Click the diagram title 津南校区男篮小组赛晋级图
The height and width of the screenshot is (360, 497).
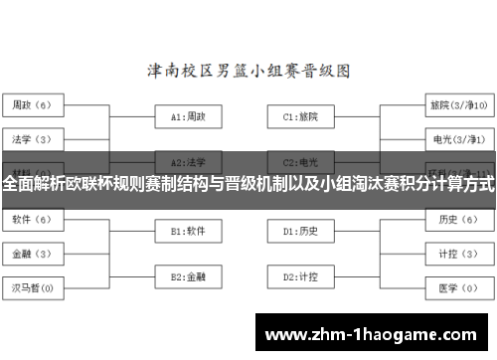tap(249, 72)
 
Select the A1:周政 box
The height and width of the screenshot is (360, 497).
tap(189, 116)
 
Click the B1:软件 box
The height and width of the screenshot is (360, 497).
tap(189, 231)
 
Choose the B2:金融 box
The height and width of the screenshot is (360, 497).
tap(189, 275)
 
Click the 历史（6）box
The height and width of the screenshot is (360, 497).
tap(457, 219)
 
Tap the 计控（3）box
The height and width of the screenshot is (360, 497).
tap(457, 254)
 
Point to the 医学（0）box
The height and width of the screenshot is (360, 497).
tap(457, 288)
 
